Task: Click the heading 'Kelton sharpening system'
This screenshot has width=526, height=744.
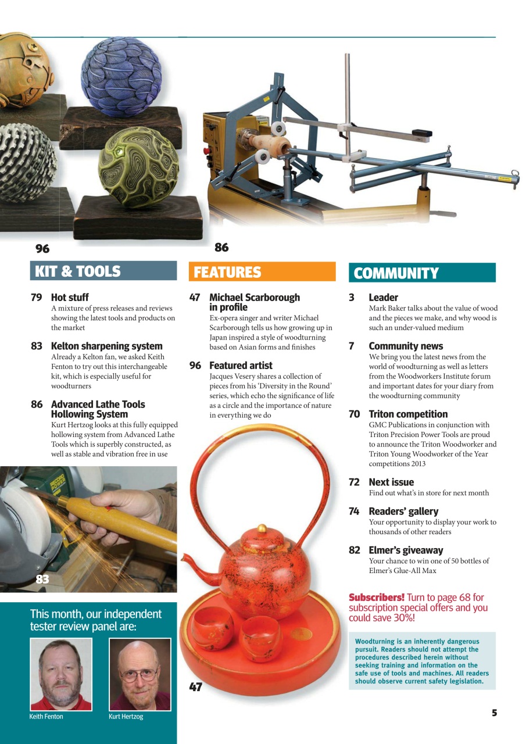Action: coord(106,346)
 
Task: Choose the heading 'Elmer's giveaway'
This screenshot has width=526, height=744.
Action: coord(406,550)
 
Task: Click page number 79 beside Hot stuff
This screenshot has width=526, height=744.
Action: coord(37,298)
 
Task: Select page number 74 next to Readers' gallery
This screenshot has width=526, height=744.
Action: coord(354,512)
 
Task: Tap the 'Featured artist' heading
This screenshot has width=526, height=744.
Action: coord(241,366)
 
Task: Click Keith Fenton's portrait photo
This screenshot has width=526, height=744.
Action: coord(61,674)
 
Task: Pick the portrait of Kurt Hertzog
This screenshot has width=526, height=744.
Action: coord(139,674)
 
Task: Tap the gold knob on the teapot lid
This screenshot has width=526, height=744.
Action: coord(262,529)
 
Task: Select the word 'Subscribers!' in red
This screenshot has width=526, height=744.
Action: coord(376,598)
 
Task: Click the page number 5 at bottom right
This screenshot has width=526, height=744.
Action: coord(494,713)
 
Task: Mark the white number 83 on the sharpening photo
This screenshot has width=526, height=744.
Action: coord(42,579)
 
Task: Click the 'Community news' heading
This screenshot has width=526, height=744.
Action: coord(406,346)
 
